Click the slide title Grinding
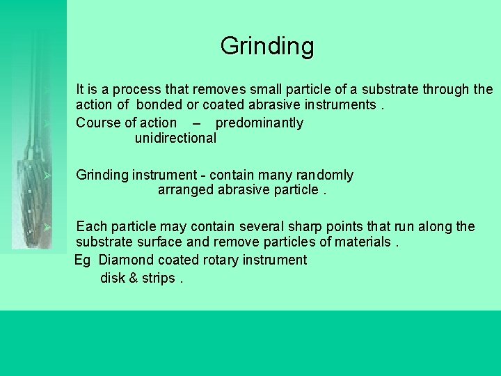click(x=267, y=47)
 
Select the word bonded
click(x=159, y=105)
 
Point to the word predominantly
click(x=260, y=123)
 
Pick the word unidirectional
click(x=175, y=138)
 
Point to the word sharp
click(x=308, y=227)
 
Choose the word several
click(x=262, y=227)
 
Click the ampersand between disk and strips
click(x=134, y=279)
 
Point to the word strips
click(x=158, y=279)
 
